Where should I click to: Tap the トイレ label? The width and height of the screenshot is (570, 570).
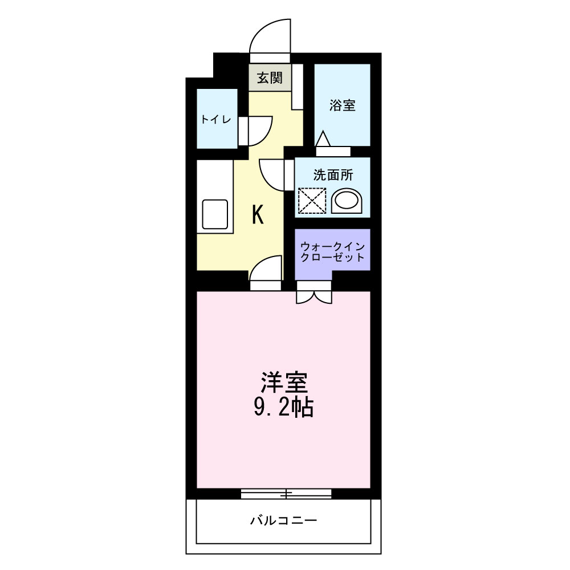click(215, 120)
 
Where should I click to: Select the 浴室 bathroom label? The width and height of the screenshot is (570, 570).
click(343, 105)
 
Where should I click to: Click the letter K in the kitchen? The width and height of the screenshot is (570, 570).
click(258, 215)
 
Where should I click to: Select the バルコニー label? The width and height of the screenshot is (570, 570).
click(283, 520)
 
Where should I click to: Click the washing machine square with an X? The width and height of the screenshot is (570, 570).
click(312, 200)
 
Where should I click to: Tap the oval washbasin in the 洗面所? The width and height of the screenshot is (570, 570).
click(347, 201)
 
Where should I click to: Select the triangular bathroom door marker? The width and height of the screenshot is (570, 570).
click(324, 140)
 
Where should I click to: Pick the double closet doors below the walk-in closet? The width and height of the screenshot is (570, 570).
click(313, 295)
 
